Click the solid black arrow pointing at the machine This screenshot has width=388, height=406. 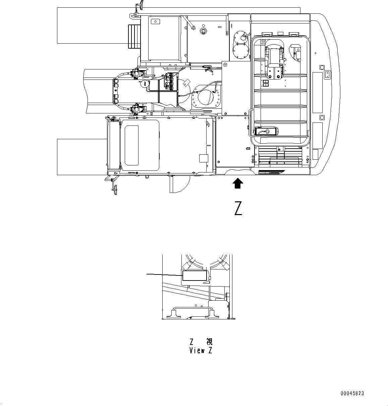[x=238, y=184]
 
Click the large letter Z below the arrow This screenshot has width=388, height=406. [x=238, y=208]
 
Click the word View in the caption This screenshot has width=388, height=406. [x=197, y=351]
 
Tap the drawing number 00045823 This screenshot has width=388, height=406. [x=352, y=394]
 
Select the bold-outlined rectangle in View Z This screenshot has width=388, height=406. [x=194, y=276]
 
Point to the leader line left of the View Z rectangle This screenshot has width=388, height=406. [x=164, y=274]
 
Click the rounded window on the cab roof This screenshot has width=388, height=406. [x=132, y=145]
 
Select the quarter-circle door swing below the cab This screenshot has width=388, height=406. [x=179, y=184]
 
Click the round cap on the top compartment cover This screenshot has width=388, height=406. [x=203, y=31]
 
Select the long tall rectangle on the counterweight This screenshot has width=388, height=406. [x=317, y=92]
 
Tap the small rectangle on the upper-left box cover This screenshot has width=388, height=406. [x=155, y=21]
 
